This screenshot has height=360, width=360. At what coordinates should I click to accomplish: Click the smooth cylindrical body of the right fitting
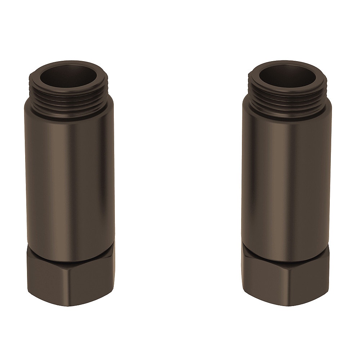286,180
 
